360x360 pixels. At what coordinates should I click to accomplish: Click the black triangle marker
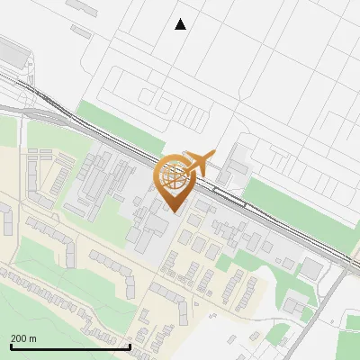(x=180, y=24)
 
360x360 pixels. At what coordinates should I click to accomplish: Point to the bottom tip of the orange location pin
(x=172, y=211)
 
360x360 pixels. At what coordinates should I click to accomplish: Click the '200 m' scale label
(x=23, y=337)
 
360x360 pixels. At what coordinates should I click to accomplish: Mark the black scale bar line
(x=70, y=346)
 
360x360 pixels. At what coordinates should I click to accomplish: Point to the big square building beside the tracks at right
(x=312, y=268)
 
